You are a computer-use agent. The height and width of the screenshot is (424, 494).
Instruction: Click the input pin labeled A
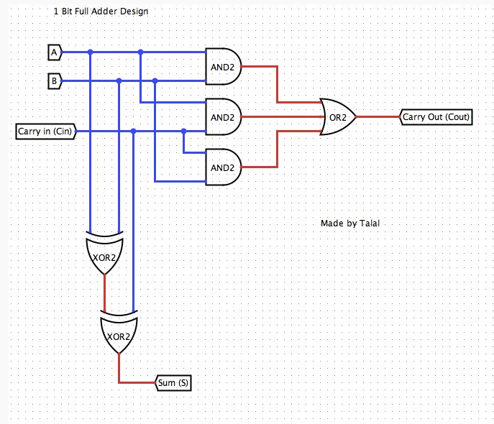(x=54, y=52)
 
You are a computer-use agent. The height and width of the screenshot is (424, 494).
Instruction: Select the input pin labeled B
(x=54, y=81)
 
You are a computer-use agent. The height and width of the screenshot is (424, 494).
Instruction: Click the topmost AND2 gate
(x=223, y=66)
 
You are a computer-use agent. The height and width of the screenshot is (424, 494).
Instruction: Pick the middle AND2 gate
(x=223, y=116)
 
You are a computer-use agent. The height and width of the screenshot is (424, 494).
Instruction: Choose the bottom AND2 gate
(x=223, y=167)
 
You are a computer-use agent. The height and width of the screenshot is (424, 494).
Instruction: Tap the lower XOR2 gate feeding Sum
(x=119, y=336)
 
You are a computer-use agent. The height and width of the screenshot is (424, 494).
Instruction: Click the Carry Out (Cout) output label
(x=437, y=116)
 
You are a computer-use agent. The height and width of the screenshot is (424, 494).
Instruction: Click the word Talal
(x=368, y=223)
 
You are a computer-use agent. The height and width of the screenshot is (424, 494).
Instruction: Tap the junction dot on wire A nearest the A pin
(x=90, y=52)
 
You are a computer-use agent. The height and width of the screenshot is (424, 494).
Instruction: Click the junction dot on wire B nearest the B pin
(x=119, y=81)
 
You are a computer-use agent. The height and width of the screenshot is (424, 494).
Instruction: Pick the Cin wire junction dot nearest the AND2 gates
(x=184, y=131)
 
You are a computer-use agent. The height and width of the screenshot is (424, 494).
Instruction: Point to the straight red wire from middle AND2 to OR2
(x=280, y=116)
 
